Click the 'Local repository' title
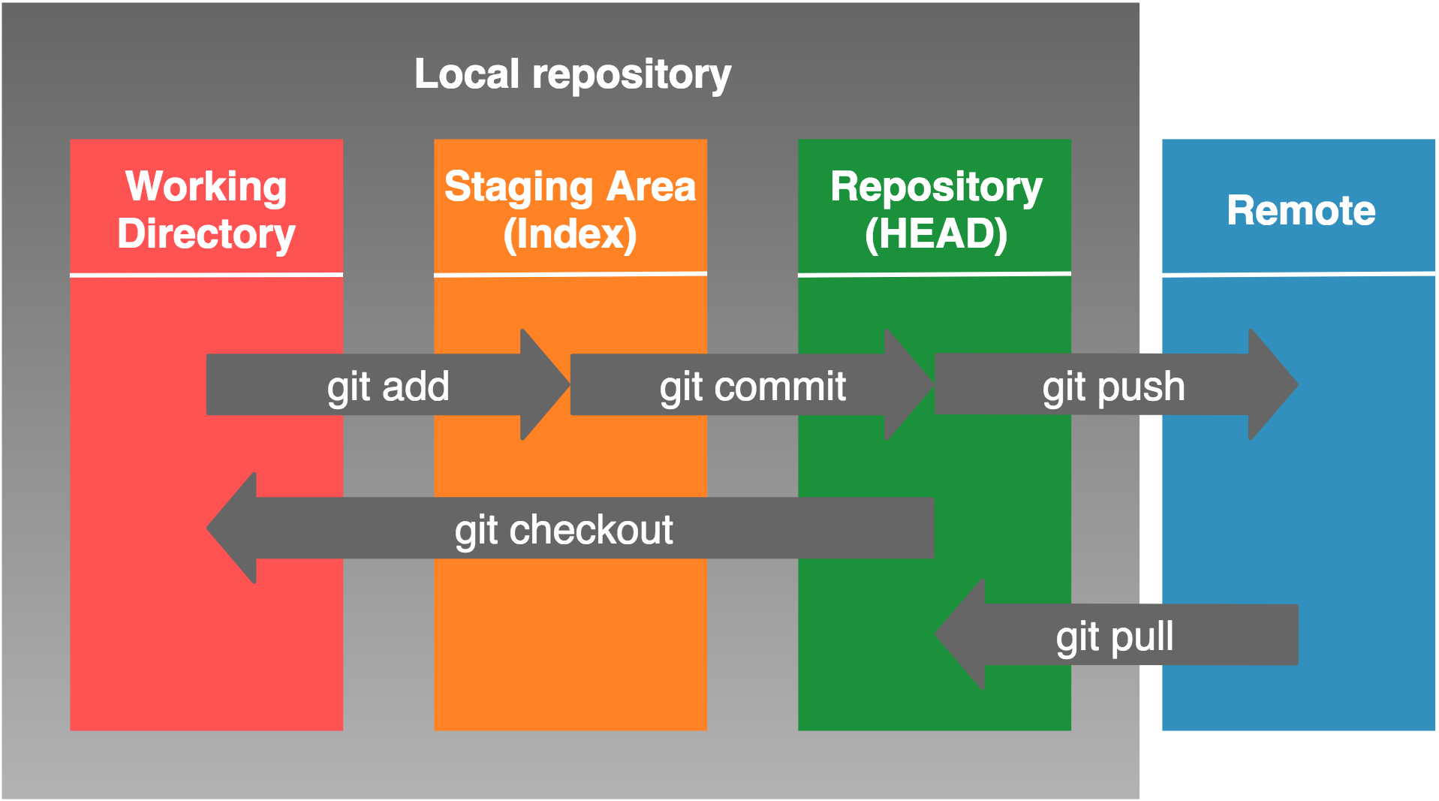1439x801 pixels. pyautogui.click(x=572, y=74)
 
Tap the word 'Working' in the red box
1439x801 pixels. pyautogui.click(x=206, y=186)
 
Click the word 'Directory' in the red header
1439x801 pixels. pyautogui.click(x=206, y=234)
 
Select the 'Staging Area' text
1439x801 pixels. pyautogui.click(x=570, y=187)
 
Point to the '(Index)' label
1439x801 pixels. pyautogui.click(x=570, y=234)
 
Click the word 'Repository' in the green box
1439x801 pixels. pyautogui.click(x=935, y=187)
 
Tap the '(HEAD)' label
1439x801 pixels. pyautogui.click(x=935, y=234)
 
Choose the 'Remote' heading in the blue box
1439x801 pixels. pyautogui.click(x=1300, y=210)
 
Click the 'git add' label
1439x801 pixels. pyautogui.click(x=387, y=387)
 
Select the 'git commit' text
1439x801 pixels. pyautogui.click(x=752, y=387)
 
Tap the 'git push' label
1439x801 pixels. pyautogui.click(x=1113, y=387)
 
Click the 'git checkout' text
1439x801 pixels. pyautogui.click(x=563, y=530)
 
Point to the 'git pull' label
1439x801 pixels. pyautogui.click(x=1114, y=637)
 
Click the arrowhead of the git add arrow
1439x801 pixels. pyautogui.click(x=543, y=384)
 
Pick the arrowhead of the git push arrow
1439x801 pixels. pyautogui.click(x=1272, y=384)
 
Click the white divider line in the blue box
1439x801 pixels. pyautogui.click(x=1298, y=275)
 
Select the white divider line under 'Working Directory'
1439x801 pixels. pyautogui.click(x=206, y=276)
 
